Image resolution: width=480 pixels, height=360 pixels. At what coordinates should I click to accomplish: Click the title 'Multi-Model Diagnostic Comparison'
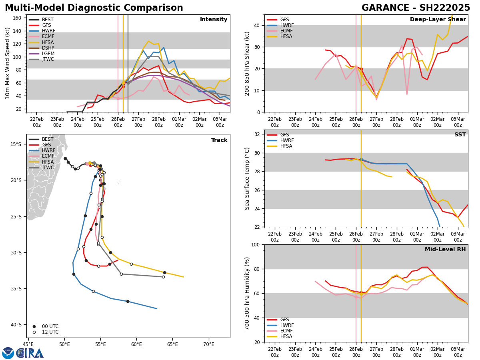[x=94, y=8]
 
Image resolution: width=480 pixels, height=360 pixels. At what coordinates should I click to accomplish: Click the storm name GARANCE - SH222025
[x=416, y=8]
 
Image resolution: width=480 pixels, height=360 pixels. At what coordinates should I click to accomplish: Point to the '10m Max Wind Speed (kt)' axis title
[x=8, y=63]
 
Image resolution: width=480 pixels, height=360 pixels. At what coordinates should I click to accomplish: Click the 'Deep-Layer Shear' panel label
[x=438, y=20]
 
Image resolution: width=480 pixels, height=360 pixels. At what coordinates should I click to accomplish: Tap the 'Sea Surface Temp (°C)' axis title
[x=248, y=178]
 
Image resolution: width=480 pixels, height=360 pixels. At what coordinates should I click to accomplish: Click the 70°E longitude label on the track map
[x=208, y=344]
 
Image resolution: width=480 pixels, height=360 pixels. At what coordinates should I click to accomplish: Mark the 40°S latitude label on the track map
[x=16, y=324]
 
